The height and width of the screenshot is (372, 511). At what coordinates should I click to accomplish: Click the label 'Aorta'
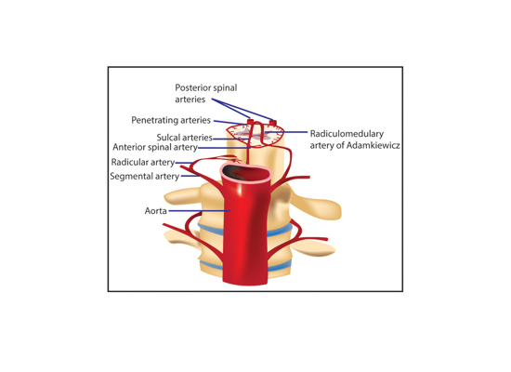[x=156, y=211]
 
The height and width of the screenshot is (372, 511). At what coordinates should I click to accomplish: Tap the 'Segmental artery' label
[x=145, y=176]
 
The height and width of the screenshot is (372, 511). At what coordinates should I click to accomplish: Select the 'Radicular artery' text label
[x=143, y=162]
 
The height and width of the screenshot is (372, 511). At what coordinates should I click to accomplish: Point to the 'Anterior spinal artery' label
[x=155, y=147]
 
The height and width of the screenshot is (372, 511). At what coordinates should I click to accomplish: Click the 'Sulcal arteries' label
[x=185, y=138]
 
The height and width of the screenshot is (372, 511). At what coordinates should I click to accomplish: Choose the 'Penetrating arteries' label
[x=171, y=120]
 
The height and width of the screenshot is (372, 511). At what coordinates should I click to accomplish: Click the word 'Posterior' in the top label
[x=191, y=87]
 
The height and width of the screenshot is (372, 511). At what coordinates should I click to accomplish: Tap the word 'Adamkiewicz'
[x=373, y=145]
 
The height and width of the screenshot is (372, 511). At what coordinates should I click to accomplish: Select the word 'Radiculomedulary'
[x=347, y=134]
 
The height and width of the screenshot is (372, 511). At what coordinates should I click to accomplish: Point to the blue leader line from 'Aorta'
[x=200, y=211]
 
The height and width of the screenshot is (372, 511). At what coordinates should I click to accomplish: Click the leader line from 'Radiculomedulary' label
[x=287, y=132]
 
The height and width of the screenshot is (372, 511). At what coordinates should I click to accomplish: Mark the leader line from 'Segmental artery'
[x=190, y=176]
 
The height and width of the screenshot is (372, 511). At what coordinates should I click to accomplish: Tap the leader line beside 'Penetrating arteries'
[x=229, y=123]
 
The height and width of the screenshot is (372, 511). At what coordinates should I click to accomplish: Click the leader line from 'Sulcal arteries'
[x=230, y=139]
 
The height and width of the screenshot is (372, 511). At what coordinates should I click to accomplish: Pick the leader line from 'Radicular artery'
[x=185, y=163]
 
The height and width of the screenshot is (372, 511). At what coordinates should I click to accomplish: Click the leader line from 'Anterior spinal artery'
[x=224, y=148]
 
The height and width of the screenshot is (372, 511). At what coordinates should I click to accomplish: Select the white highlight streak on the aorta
[x=240, y=190]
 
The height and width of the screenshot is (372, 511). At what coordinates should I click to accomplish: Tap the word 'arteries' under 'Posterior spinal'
[x=190, y=100]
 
